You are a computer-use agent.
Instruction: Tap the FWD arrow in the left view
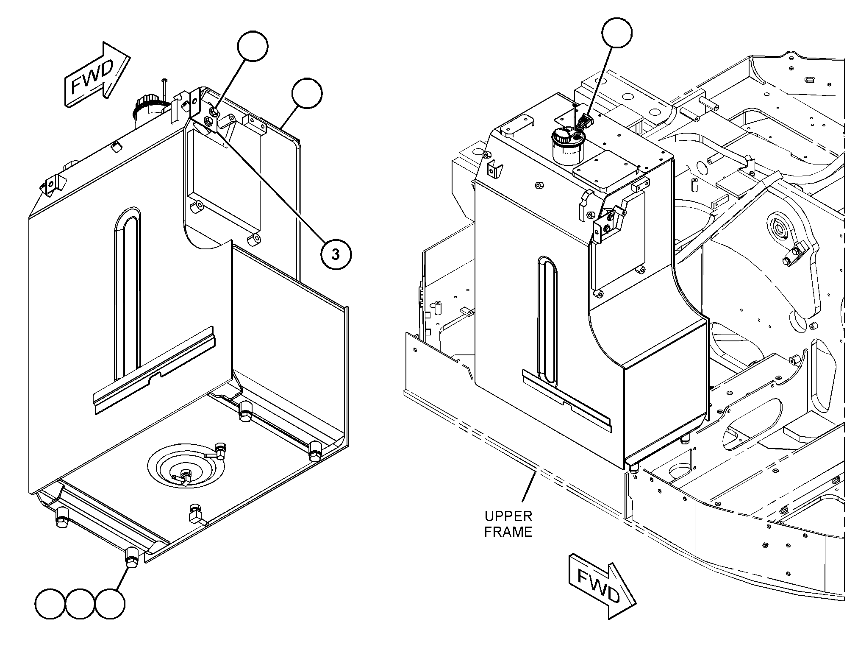(97, 75)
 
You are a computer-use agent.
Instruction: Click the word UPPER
(508, 516)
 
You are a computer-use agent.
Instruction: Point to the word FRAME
(508, 532)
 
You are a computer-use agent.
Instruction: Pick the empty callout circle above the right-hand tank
(617, 33)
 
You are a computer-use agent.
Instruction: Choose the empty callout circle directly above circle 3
(253, 46)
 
